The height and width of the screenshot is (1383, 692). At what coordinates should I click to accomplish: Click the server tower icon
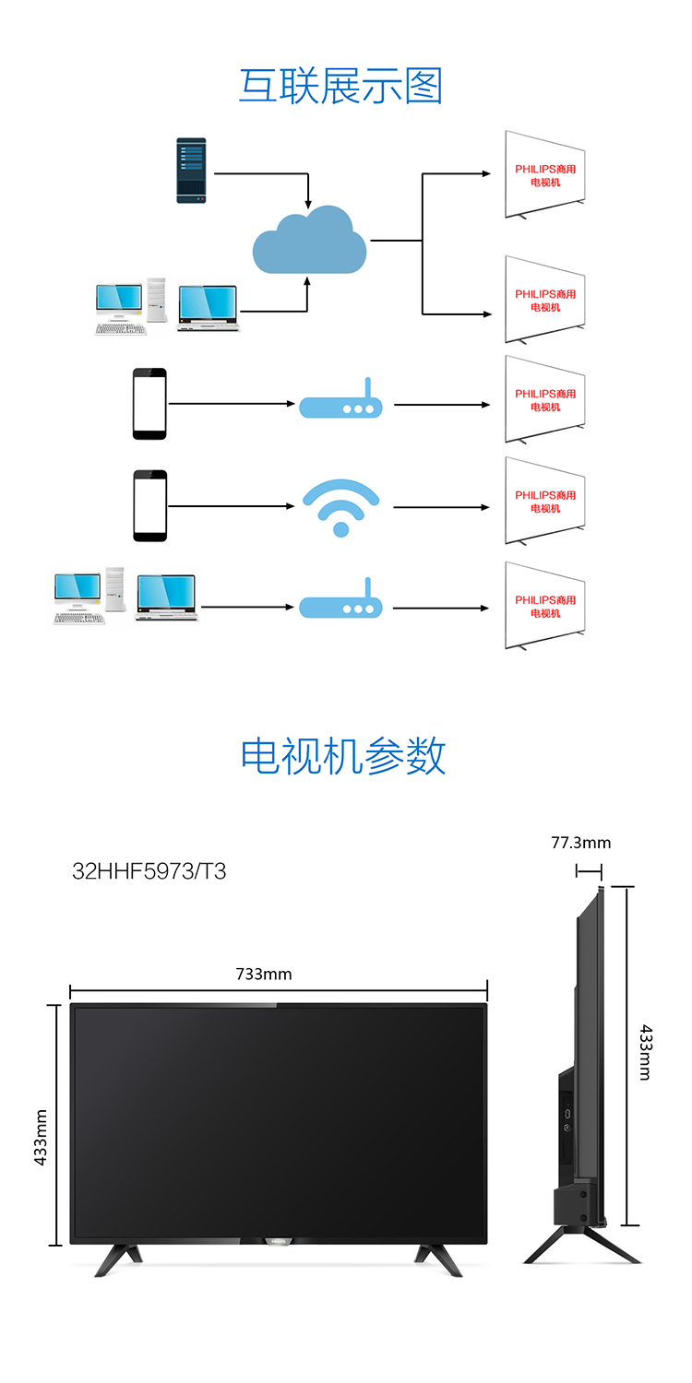191,171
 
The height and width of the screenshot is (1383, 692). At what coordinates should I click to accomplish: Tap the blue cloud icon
309,240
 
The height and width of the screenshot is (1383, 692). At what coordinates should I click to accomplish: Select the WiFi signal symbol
341,507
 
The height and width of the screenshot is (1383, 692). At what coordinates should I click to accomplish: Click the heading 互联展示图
341,86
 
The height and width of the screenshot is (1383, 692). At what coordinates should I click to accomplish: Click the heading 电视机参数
343,755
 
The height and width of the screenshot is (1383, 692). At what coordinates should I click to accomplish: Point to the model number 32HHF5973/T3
149,871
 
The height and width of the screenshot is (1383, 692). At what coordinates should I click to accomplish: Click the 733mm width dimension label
264,974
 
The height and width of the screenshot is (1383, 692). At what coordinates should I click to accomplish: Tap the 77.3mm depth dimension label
580,843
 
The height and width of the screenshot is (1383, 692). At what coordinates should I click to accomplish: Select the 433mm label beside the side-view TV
645,1053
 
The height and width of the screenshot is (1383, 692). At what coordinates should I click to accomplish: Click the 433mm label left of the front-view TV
41,1137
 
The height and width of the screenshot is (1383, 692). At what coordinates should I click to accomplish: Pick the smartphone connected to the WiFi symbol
150,505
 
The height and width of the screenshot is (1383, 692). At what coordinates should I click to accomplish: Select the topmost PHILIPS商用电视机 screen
545,175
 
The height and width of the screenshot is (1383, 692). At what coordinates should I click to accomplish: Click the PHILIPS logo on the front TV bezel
279,1241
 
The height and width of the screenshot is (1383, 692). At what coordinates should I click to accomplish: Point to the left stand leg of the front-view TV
118,1260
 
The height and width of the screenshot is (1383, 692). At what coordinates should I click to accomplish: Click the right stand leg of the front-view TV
438,1260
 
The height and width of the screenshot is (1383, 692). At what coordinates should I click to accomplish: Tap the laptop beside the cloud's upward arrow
208,308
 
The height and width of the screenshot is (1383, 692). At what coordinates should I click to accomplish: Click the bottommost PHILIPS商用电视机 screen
545,606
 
